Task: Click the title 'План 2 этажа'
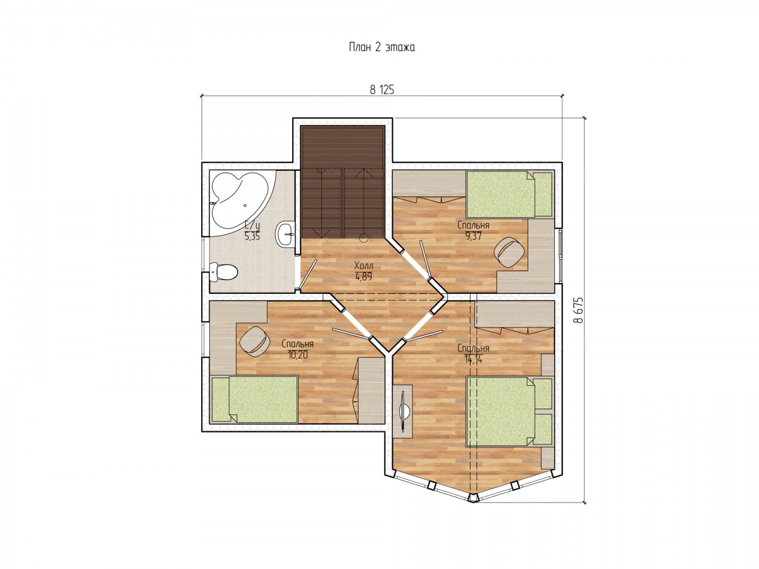pos(381,47)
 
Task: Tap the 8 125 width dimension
pos(381,90)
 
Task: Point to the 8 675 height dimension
pos(578,310)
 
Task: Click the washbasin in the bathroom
pos(285,233)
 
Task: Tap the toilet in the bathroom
pos(223,272)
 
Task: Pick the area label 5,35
pos(252,236)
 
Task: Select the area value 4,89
pos(364,276)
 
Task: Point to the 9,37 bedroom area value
pos(473,236)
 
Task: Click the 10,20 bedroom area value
pos(298,355)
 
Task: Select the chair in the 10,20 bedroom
pos(255,341)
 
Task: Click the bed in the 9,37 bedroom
pos(509,194)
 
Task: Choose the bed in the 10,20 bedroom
pos(254,399)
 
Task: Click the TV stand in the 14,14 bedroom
pos(403,412)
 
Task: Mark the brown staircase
pos(342,182)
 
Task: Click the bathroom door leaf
pos(308,274)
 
